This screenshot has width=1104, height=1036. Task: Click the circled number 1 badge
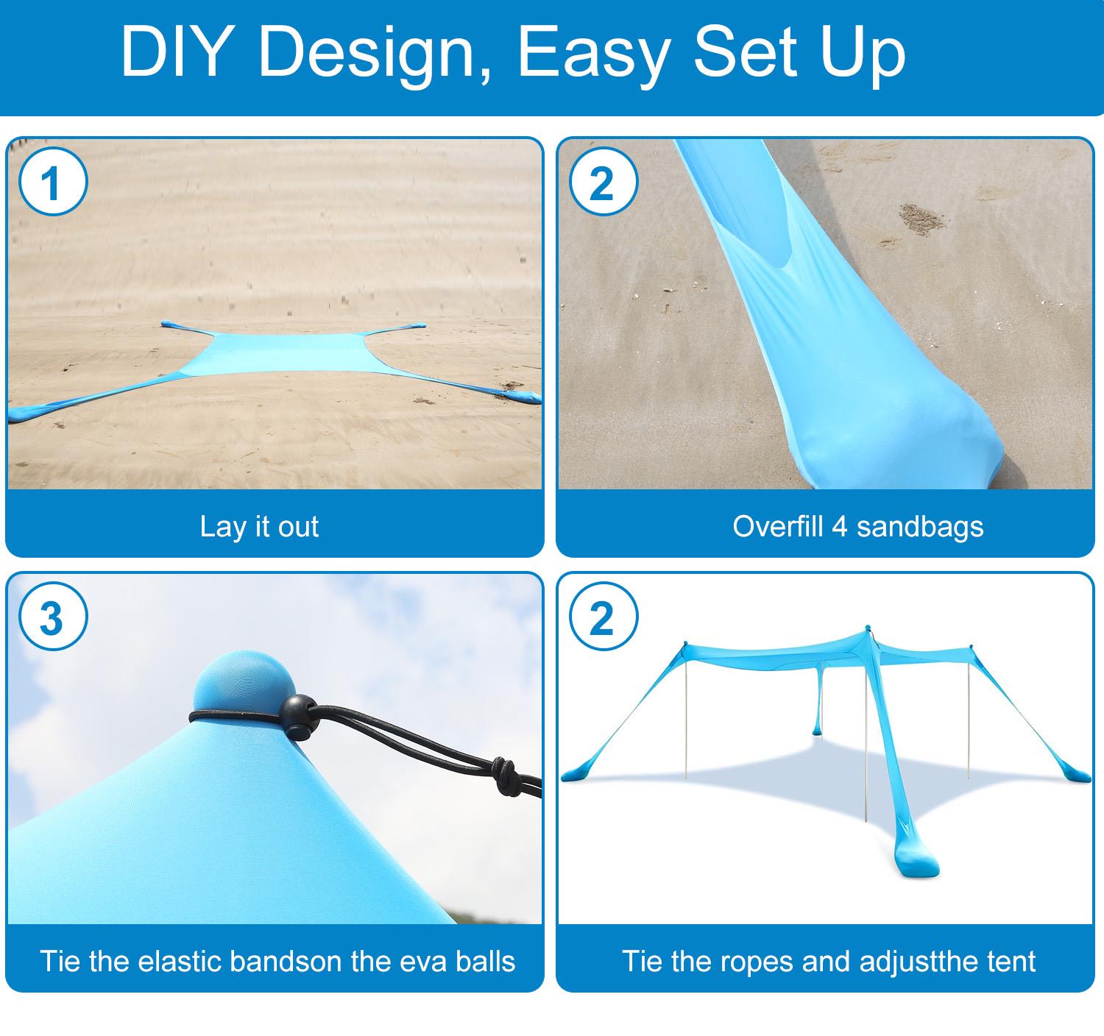point(54,182)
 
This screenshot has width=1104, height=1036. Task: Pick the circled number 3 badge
point(54,617)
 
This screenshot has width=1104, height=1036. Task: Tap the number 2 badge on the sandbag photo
point(604,182)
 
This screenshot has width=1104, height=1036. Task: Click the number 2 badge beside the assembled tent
point(604,617)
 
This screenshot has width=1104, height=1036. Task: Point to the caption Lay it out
point(260,526)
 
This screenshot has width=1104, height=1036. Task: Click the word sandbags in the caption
point(920,527)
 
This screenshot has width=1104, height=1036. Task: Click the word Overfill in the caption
point(778,526)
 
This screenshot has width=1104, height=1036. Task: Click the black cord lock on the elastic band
point(299,717)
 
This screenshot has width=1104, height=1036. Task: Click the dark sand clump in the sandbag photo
point(921,219)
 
